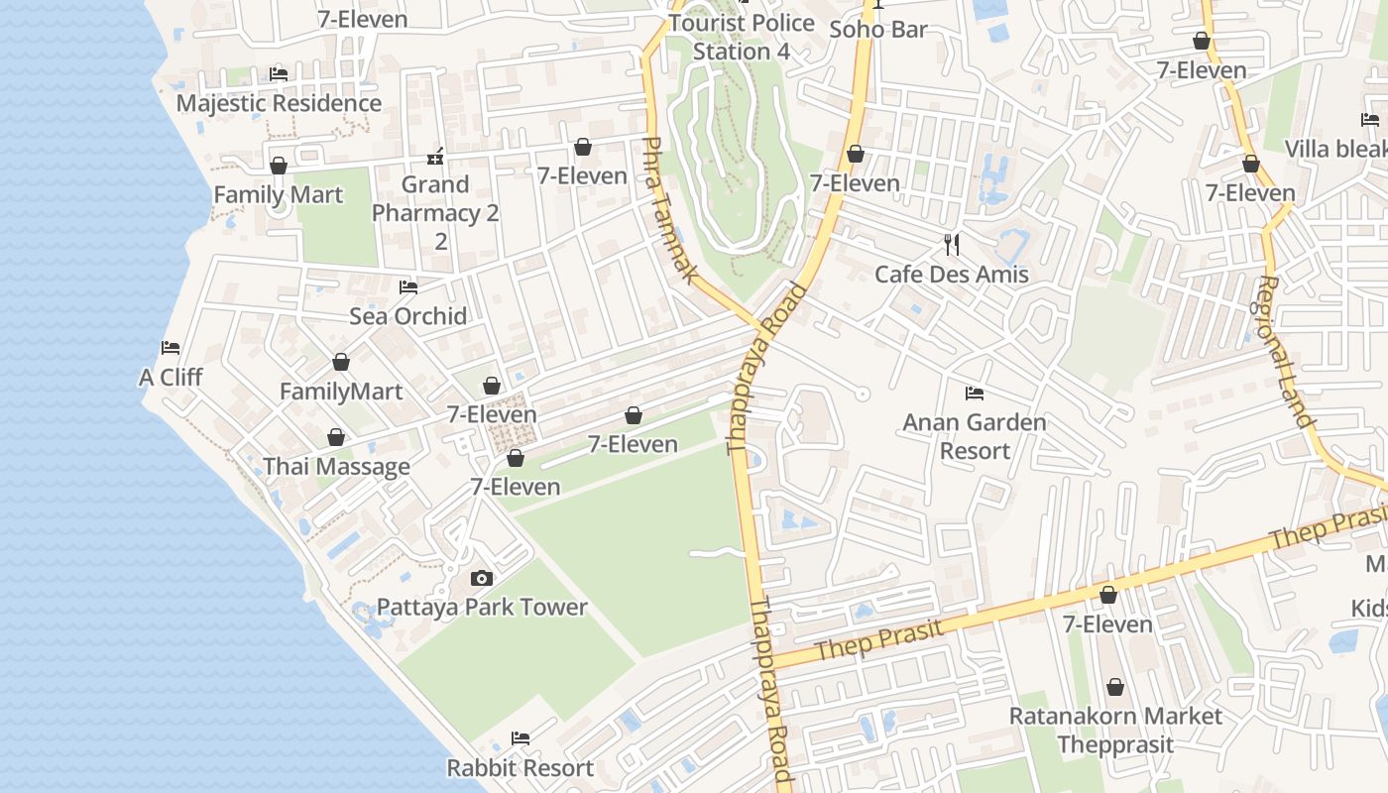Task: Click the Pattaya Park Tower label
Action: click(482, 607)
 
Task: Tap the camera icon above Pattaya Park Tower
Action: click(482, 579)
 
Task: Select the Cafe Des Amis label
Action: click(952, 274)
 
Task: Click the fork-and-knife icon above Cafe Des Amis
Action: click(952, 244)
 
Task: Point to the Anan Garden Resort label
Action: click(975, 436)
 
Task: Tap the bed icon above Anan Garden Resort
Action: click(975, 394)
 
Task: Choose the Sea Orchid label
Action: click(408, 316)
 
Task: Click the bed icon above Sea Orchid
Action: click(408, 287)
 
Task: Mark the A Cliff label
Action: click(171, 377)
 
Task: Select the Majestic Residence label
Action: click(279, 103)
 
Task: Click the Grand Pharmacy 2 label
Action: click(435, 212)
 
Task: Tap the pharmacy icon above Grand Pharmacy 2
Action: click(435, 157)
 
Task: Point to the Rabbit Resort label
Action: click(520, 767)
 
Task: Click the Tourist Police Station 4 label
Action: click(742, 37)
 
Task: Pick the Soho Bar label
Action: click(878, 29)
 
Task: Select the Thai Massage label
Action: click(336, 466)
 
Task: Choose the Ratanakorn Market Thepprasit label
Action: click(1115, 730)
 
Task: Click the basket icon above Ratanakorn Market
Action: click(1115, 687)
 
